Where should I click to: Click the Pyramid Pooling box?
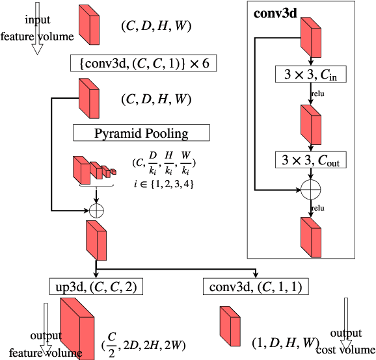141,134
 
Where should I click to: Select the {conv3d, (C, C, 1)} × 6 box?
142,63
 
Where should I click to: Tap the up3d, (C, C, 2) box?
96,286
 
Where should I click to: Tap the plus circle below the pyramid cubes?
96,210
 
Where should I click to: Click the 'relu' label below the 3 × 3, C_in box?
317,93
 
